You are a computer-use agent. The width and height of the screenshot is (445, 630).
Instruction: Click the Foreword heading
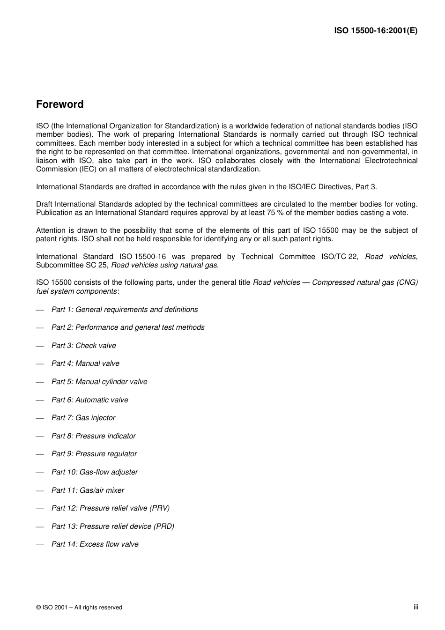pyautogui.click(x=60, y=104)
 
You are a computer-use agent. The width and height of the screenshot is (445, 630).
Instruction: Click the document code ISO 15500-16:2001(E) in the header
pyautogui.click(x=376, y=30)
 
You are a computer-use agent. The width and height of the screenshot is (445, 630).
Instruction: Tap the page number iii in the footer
pyautogui.click(x=415, y=607)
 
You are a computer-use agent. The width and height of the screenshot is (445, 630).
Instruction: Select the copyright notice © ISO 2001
pyautogui.click(x=79, y=608)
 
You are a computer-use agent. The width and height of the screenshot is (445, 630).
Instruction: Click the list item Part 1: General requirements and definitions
pyautogui.click(x=125, y=310)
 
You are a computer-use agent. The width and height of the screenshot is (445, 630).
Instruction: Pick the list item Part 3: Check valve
pyautogui.click(x=84, y=346)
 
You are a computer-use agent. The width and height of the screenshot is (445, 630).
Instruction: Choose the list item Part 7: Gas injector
pyautogui.click(x=83, y=418)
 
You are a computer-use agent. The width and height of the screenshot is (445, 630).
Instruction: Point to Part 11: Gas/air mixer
pyautogui.click(x=88, y=490)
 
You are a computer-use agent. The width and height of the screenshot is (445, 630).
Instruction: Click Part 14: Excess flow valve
pyautogui.click(x=95, y=544)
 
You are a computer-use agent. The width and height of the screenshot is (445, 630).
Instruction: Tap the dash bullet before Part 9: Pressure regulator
pyautogui.click(x=40, y=454)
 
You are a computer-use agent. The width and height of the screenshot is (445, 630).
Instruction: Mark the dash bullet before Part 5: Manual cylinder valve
pyautogui.click(x=40, y=382)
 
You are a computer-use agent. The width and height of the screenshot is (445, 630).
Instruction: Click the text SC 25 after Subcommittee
pyautogui.click(x=99, y=265)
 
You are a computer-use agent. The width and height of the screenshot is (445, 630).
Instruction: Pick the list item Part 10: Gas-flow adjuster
pyautogui.click(x=95, y=472)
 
